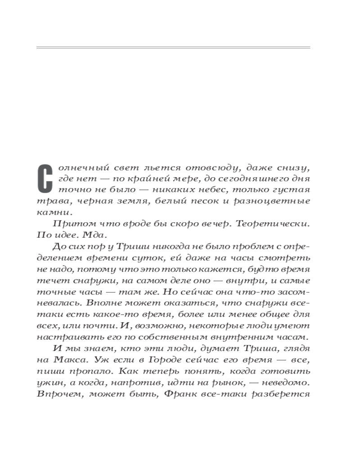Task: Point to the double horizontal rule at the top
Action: click(x=173, y=47)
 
